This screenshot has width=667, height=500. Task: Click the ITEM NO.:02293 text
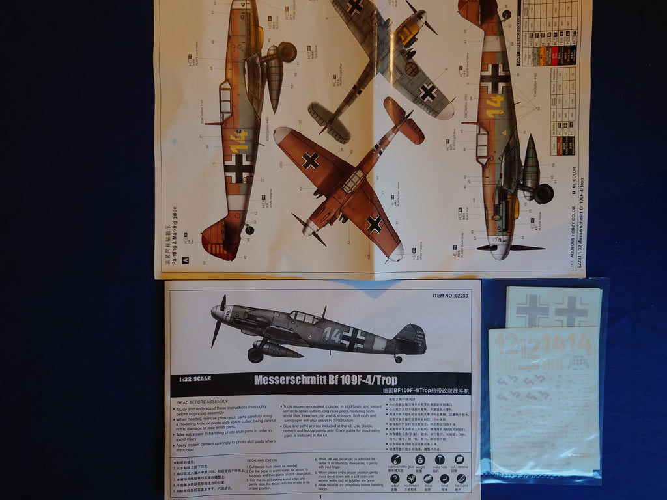point(450,295)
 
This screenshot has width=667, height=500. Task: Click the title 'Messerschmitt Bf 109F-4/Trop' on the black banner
point(325,380)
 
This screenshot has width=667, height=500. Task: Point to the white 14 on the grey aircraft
point(332,335)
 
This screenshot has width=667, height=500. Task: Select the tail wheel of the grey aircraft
point(397,359)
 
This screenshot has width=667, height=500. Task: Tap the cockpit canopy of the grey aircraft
point(304,316)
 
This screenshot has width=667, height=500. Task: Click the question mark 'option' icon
point(395,479)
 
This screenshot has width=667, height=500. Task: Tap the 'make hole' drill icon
point(440,460)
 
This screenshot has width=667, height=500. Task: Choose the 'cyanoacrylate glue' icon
point(395,460)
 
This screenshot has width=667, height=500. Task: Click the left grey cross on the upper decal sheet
point(532,310)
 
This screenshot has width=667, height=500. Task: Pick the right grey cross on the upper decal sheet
point(571,311)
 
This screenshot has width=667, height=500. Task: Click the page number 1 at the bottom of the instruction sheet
point(321,495)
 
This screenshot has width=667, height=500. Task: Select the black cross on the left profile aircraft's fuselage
point(238,168)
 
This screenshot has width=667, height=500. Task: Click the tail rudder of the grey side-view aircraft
point(413,339)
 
